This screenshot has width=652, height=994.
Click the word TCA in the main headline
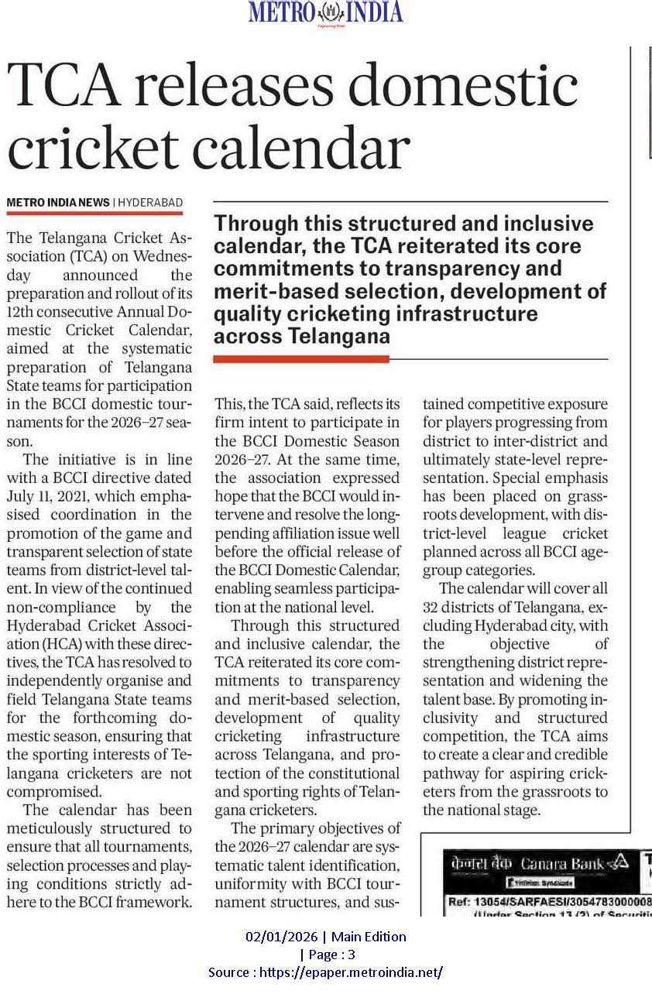64,86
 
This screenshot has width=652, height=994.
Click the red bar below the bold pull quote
300,359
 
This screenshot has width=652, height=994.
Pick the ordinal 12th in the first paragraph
22,312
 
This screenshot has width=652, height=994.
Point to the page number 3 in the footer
352,955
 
